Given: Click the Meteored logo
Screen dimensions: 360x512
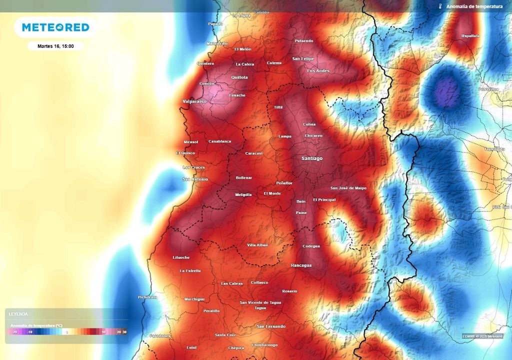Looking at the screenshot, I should click(x=55, y=27).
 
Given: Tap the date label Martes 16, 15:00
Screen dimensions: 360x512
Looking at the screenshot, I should click(x=55, y=46).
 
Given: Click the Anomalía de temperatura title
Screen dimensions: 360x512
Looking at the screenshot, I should click(x=474, y=6).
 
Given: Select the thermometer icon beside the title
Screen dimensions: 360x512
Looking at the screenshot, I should click(x=440, y=6).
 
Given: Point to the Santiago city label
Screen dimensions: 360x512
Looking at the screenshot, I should click(x=312, y=158).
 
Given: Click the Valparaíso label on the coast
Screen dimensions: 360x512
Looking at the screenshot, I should click(x=194, y=101).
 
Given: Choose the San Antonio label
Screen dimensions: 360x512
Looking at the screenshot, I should click(x=195, y=179).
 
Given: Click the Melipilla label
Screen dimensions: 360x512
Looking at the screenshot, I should click(x=243, y=195).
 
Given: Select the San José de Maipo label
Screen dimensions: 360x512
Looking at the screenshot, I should click(x=348, y=188).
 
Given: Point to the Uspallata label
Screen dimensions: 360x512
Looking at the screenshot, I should click(x=470, y=36).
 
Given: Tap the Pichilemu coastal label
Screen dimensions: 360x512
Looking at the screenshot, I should click(x=147, y=297).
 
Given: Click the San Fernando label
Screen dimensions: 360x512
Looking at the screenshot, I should click(x=271, y=326).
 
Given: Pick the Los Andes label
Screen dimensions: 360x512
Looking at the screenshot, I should click(x=318, y=71).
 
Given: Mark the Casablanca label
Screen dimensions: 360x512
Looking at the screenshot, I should click(x=220, y=141).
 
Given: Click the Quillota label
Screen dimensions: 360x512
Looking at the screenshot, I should click(x=239, y=77).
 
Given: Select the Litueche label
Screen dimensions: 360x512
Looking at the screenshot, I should click(x=181, y=257).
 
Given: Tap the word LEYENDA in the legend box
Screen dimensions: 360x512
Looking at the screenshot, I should click(x=18, y=314).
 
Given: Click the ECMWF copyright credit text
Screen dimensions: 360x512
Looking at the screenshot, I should click(x=482, y=336).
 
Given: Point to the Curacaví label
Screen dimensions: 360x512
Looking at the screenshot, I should click(x=254, y=153).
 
